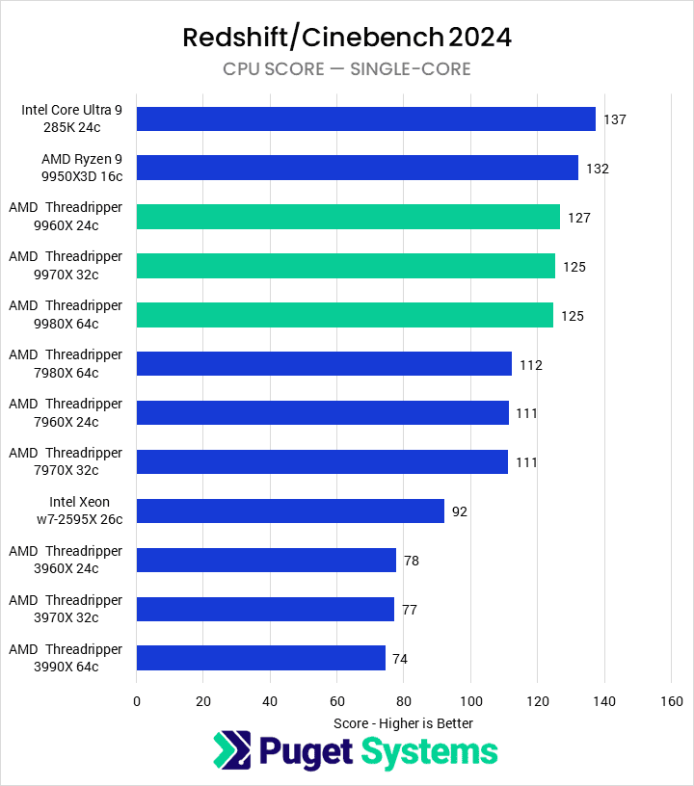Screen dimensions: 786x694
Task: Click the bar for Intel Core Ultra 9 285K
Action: coord(365,118)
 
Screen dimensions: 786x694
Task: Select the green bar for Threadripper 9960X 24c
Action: coord(348,217)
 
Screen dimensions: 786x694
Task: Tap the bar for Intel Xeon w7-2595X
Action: coord(290,511)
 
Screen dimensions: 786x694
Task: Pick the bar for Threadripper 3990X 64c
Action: coord(260,658)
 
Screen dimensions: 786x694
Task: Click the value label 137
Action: coord(615,119)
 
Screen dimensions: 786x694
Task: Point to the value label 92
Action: coord(460,511)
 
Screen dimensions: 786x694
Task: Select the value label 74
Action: coord(400,659)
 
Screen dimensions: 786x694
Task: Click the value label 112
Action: coord(531,365)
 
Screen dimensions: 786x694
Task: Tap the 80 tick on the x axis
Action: coord(403,702)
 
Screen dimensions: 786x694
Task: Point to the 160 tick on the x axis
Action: coord(670,702)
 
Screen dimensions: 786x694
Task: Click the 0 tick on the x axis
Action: coord(137,702)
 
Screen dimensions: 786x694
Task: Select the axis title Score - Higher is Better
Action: coord(403,723)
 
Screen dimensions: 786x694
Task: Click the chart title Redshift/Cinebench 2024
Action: coord(347,38)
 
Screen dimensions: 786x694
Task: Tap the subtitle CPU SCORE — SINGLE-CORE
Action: coord(347,68)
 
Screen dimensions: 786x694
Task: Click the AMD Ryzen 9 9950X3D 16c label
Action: coord(82,168)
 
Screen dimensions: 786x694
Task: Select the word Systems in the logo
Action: coord(429,751)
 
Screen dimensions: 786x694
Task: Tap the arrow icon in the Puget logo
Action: coord(231,751)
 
